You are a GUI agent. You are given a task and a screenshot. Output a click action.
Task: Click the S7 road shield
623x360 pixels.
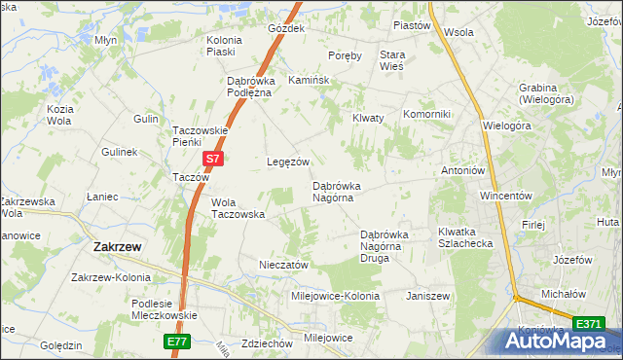pyautogui.click(x=214, y=158)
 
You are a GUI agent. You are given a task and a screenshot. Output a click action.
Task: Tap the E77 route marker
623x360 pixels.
pyautogui.click(x=175, y=342)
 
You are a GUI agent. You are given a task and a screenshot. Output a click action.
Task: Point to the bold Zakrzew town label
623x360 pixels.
pyautogui.click(x=117, y=247)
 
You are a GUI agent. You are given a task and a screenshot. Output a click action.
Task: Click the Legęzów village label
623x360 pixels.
pyautogui.click(x=288, y=162)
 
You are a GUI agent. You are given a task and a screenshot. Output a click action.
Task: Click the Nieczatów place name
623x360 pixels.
pyautogui.click(x=284, y=265)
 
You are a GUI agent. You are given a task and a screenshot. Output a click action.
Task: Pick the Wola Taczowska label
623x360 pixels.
pyautogui.click(x=238, y=207)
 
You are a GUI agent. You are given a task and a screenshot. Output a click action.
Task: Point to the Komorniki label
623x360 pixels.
pyautogui.click(x=426, y=114)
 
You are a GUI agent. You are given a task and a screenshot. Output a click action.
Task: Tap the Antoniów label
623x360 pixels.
pyautogui.click(x=462, y=170)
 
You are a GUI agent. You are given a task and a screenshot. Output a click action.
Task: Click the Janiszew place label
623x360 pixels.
pyautogui.click(x=427, y=295)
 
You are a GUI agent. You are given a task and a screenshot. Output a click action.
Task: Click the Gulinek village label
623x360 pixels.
pyautogui.click(x=119, y=153)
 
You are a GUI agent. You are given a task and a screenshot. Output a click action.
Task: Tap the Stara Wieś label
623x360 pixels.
pyautogui.click(x=391, y=61)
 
